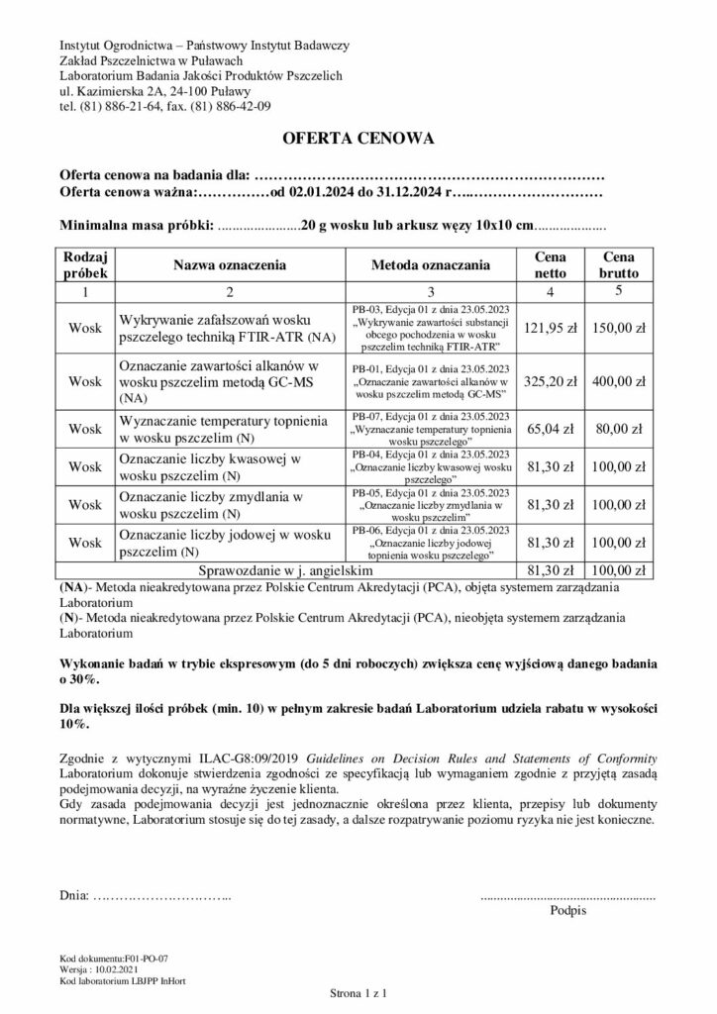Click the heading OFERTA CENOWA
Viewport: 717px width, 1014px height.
358,138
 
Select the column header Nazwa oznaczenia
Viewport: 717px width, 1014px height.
230,265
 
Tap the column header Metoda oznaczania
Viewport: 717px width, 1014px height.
430,265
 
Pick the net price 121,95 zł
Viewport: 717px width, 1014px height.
550,328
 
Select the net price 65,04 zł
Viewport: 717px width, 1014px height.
550,430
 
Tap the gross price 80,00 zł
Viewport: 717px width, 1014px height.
620,430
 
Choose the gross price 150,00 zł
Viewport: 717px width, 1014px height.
620,328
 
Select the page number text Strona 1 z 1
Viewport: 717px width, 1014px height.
358,991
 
